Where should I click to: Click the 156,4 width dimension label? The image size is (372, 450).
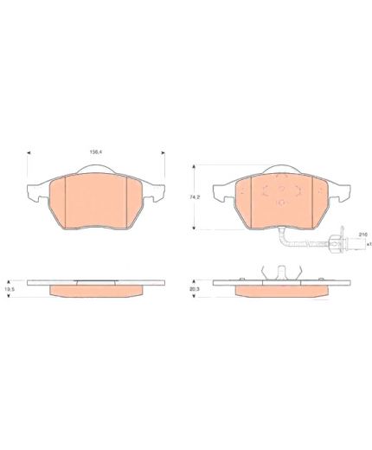click(x=95, y=152)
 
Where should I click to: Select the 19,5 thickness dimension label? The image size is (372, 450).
click(x=8, y=288)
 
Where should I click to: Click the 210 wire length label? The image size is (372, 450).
click(x=362, y=235)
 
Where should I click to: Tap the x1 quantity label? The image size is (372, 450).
click(x=369, y=244)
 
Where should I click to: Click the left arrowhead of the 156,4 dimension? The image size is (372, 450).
click(x=29, y=152)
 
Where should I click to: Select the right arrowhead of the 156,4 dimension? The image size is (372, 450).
click(x=164, y=152)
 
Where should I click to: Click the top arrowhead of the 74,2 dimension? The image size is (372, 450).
click(x=194, y=166)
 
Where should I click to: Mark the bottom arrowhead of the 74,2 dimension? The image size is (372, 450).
click(x=194, y=228)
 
